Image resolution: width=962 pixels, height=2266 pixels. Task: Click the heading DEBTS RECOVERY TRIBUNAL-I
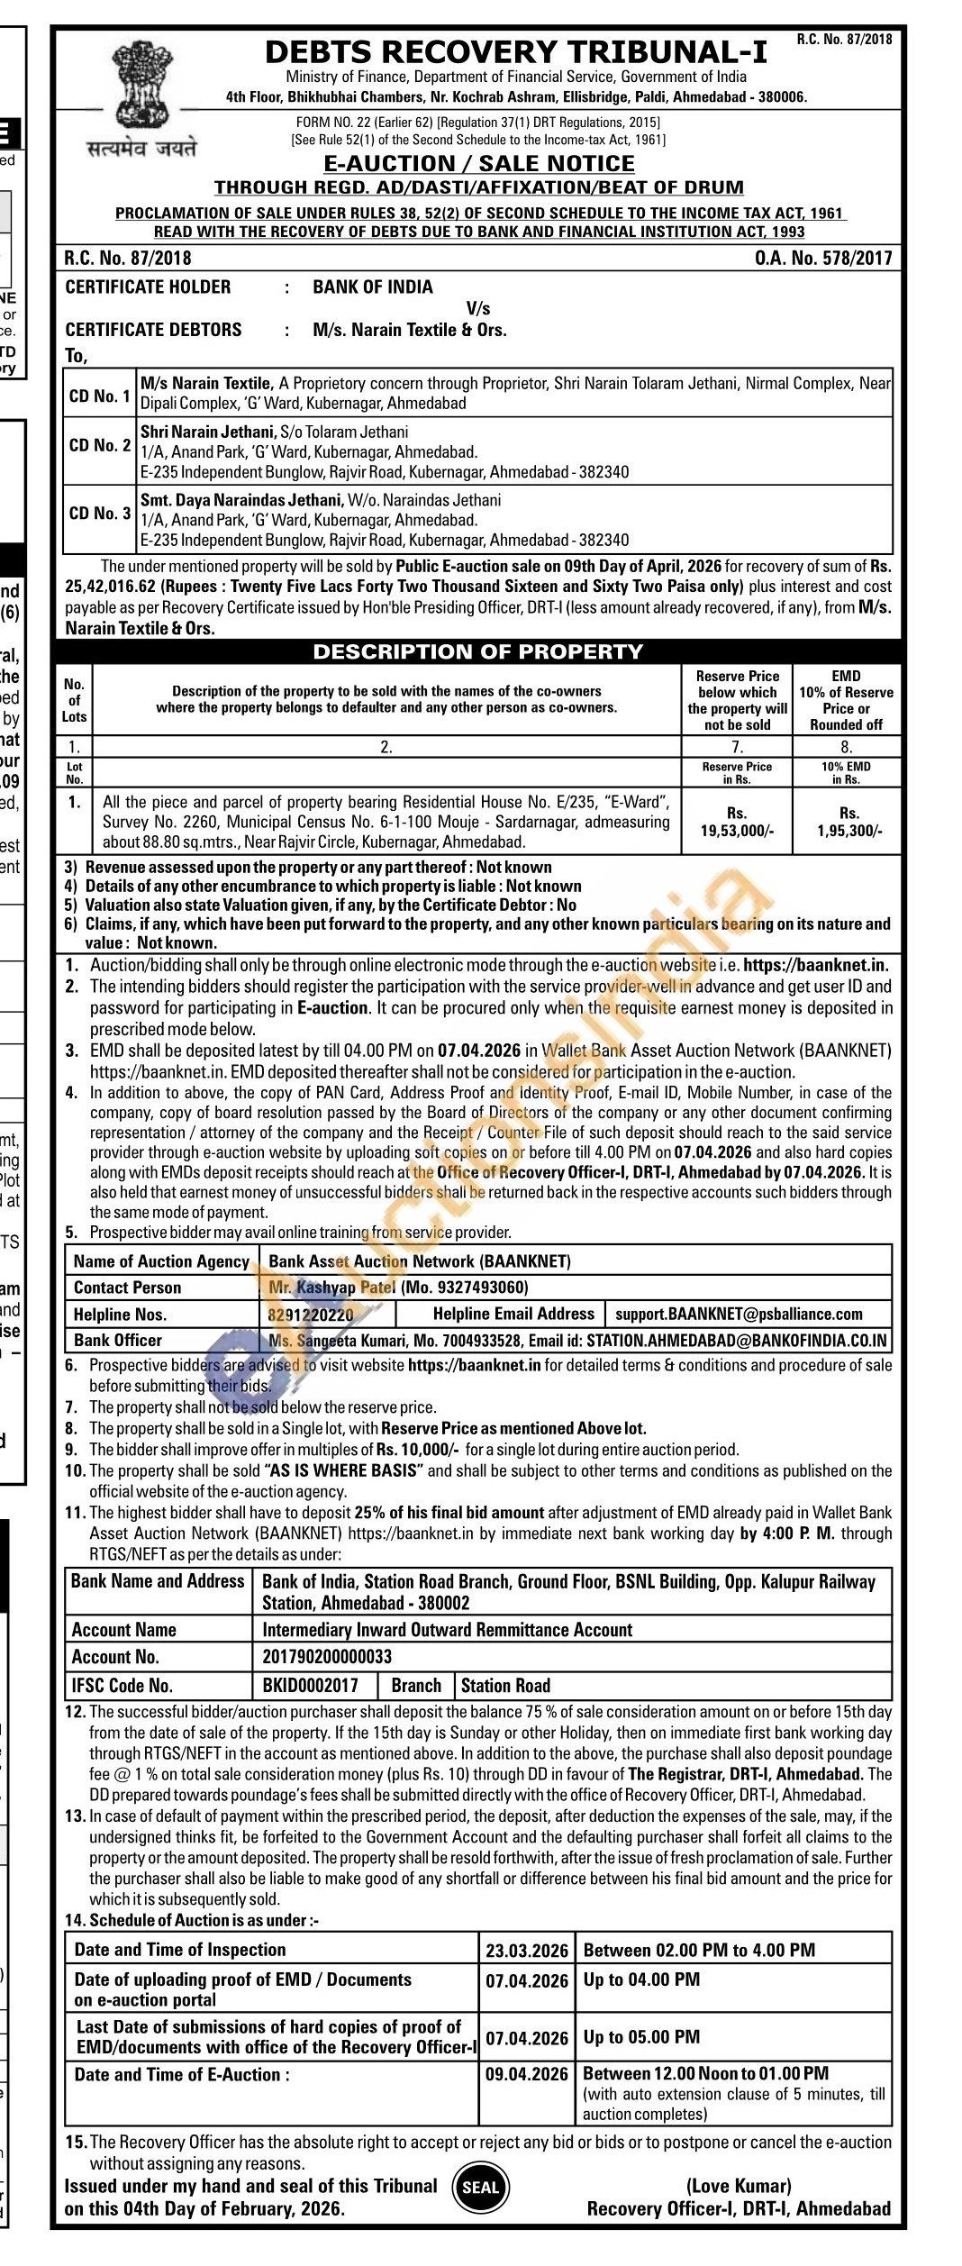click(516, 53)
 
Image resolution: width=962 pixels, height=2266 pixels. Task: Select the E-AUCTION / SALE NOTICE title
click(478, 163)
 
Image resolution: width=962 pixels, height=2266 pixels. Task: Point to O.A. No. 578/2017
click(823, 259)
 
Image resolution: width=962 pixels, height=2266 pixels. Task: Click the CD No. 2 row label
click(99, 446)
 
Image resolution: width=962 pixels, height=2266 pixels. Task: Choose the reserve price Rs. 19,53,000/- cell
click(737, 822)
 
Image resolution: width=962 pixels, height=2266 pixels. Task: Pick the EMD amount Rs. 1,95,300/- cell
click(848, 822)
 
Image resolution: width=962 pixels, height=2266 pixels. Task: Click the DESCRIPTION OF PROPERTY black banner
click(477, 651)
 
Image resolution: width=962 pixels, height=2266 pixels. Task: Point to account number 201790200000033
click(327, 1657)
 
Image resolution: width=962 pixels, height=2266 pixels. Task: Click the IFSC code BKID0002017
click(310, 1685)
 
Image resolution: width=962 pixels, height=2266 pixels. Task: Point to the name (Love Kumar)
click(739, 2186)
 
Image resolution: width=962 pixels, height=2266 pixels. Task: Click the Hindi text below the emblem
click(141, 149)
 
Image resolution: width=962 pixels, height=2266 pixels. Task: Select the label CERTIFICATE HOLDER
click(148, 287)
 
